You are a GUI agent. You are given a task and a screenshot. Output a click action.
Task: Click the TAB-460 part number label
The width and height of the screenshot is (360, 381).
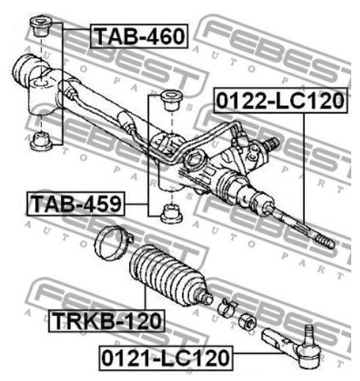pos(139,36)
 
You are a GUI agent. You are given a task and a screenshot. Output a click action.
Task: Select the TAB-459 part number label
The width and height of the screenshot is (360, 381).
pos(76,204)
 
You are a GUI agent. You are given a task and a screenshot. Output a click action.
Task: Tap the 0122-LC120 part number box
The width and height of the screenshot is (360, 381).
pos(280,100)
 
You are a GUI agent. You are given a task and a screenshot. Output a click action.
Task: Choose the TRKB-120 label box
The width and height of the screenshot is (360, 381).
pos(106,321)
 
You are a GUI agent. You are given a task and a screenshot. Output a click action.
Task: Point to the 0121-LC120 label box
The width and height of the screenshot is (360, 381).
pos(166,358)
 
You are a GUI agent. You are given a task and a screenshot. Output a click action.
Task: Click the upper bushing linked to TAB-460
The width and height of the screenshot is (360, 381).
pos(42,26)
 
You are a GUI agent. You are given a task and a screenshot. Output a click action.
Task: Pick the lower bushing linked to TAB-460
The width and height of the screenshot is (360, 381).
pos(41,141)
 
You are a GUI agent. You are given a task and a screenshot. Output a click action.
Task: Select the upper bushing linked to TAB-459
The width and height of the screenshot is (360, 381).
pos(172,100)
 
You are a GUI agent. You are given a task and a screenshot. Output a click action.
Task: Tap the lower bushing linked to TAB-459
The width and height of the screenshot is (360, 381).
pos(172,213)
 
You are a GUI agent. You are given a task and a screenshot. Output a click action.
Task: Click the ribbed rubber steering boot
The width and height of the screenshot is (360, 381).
pos(169,276)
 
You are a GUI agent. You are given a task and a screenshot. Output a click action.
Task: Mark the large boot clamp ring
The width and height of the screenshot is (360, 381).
pos(113,242)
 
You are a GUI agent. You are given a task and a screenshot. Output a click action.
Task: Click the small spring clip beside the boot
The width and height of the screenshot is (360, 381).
pos(227,308)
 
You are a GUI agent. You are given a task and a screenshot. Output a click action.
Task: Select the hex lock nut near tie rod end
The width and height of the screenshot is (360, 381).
pos(247,322)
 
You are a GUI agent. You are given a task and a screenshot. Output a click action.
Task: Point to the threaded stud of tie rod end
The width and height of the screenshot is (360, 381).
pos(309,333)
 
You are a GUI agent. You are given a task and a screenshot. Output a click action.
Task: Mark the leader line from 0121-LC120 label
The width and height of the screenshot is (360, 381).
pos(259,353)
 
